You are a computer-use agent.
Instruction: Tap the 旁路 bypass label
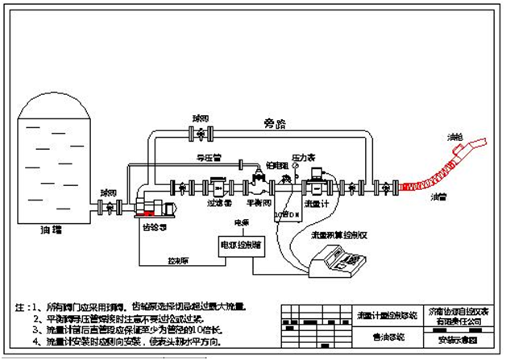pyautogui.click(x=276, y=124)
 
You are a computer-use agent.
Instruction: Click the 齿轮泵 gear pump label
pyautogui.click(x=146, y=227)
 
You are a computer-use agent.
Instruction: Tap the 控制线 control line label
pyautogui.click(x=178, y=262)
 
